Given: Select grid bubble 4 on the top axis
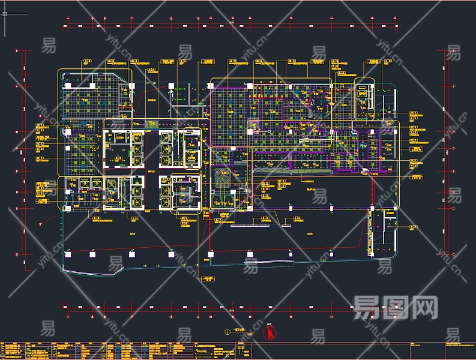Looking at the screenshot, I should [x=68, y=19].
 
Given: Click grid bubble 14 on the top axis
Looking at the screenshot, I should [x=331, y=19].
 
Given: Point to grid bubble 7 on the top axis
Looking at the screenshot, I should [x=131, y=19].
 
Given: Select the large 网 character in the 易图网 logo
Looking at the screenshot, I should [x=424, y=307].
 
